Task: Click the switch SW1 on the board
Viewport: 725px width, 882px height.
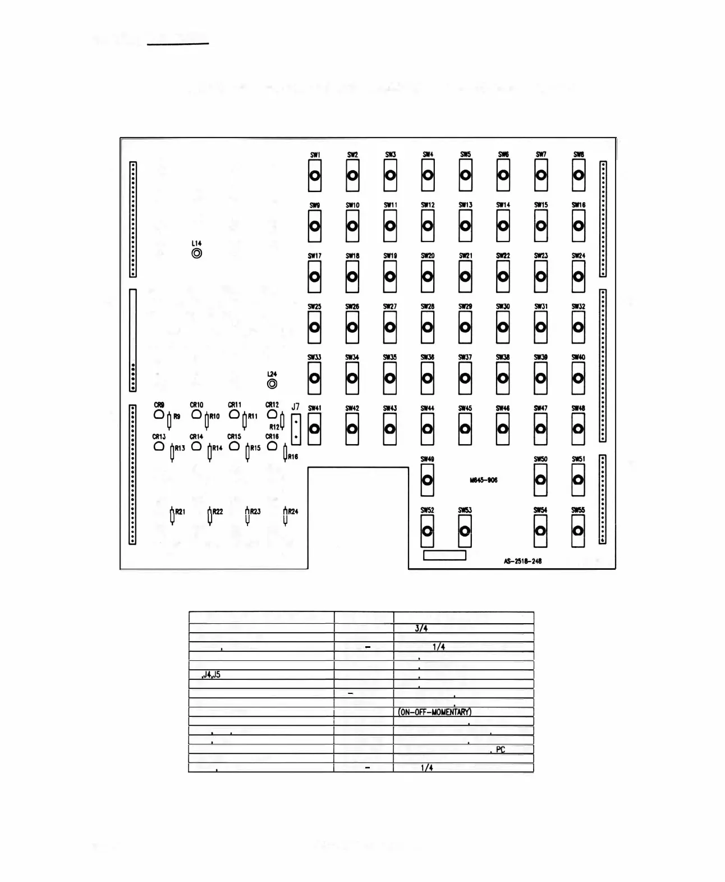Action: point(315,176)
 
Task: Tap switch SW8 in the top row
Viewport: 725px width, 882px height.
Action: point(579,176)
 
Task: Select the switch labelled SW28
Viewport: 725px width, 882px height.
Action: point(428,328)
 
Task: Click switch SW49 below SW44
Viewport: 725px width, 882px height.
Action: point(427,480)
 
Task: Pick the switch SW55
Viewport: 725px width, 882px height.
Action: point(578,531)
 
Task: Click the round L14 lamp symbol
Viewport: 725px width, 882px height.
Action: point(196,253)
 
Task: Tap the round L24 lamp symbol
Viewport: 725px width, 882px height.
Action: point(272,384)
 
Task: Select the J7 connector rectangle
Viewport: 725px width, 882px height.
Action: point(296,429)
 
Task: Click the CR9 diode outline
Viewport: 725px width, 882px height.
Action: point(159,415)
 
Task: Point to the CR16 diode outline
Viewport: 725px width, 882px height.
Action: point(272,446)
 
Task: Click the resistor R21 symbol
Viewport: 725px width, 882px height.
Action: point(172,515)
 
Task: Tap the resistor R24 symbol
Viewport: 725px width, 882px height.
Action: point(286,515)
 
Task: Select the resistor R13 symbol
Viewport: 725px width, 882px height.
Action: point(172,452)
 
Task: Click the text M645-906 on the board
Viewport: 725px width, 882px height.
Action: point(484,480)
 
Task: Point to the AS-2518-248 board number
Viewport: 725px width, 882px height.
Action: point(522,561)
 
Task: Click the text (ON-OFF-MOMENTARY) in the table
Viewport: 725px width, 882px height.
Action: point(435,712)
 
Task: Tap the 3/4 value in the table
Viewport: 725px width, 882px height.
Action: point(421,628)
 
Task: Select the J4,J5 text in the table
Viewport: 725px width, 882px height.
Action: point(211,674)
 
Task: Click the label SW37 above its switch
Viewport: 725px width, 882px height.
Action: point(465,358)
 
